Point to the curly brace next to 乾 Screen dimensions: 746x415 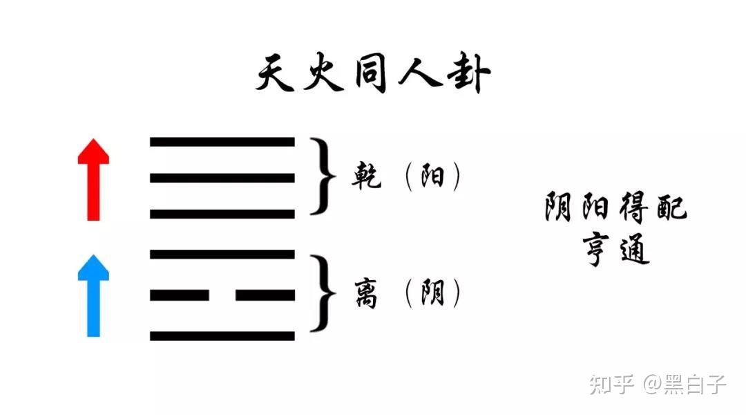coord(320,176)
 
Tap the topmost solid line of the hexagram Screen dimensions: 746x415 coord(222,142)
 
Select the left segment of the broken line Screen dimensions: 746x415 coord(180,295)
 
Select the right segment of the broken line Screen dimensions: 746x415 coord(265,295)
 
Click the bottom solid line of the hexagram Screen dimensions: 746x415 coord(222,336)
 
